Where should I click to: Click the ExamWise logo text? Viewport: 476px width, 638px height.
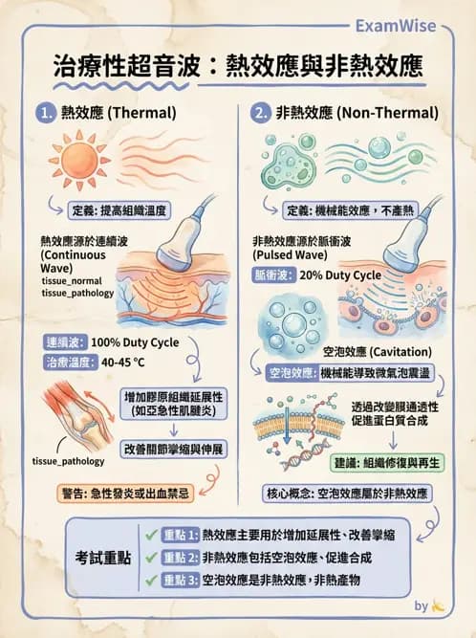click(x=396, y=26)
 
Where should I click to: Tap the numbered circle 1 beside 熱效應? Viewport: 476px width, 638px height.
click(x=46, y=113)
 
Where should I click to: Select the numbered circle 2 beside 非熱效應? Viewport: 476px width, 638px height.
click(x=260, y=113)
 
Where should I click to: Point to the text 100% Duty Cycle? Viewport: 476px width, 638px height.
click(x=135, y=342)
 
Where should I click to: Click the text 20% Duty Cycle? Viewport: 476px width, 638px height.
click(x=340, y=275)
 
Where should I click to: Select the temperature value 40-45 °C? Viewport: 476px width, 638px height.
click(x=122, y=363)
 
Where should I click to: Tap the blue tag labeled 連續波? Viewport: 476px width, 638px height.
click(x=65, y=342)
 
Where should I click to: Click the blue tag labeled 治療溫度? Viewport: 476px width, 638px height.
click(x=71, y=363)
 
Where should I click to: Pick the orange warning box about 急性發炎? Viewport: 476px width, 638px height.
click(x=125, y=494)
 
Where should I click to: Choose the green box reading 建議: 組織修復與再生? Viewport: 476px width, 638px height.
click(x=387, y=463)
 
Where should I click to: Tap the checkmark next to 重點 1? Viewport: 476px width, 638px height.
click(x=151, y=535)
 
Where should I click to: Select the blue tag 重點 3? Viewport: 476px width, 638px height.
click(x=181, y=581)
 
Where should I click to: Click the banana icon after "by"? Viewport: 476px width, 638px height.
click(x=438, y=605)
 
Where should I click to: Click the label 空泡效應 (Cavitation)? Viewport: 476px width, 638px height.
click(x=378, y=352)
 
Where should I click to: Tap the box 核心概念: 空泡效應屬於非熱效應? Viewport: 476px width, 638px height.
click(x=347, y=494)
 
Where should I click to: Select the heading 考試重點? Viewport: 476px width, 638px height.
click(x=102, y=558)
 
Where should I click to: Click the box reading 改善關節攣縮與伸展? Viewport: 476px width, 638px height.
click(x=174, y=450)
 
